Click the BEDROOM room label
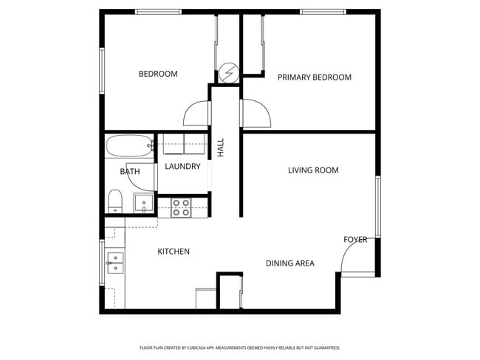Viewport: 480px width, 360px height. (x=158, y=74)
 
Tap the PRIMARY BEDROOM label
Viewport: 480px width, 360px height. (x=315, y=77)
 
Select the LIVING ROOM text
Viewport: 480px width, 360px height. (x=313, y=170)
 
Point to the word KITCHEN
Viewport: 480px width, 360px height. (x=174, y=252)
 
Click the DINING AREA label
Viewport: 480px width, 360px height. (x=290, y=263)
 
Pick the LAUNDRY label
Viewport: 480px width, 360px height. (x=182, y=167)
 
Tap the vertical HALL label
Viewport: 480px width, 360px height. (x=221, y=148)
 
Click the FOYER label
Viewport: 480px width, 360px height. (x=355, y=240)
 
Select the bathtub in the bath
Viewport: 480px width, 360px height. (x=129, y=146)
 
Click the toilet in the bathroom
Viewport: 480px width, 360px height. (x=115, y=201)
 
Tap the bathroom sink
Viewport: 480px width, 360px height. (x=143, y=202)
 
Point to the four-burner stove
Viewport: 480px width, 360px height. (x=181, y=208)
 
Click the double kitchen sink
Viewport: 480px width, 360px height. (x=115, y=263)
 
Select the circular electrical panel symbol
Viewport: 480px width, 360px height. (x=229, y=73)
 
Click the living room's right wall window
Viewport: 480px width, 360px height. (x=378, y=207)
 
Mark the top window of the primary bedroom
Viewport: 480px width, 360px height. (x=323, y=12)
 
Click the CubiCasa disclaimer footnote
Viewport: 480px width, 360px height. (x=240, y=347)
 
